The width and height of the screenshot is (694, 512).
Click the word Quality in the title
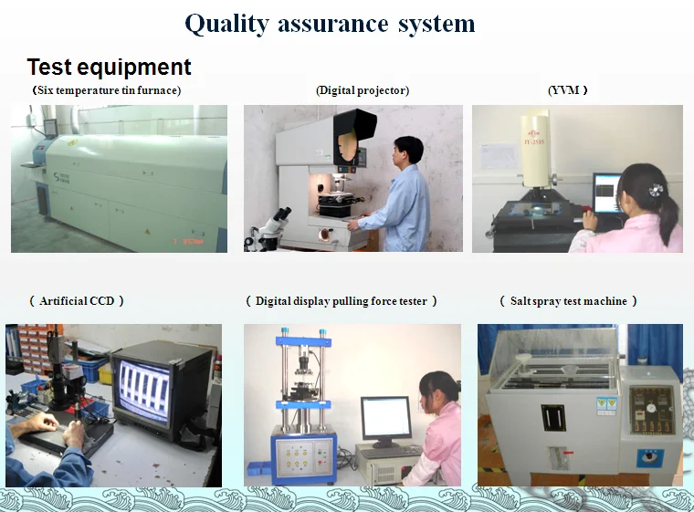click(x=226, y=24)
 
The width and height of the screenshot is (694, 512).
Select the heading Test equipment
click(x=109, y=68)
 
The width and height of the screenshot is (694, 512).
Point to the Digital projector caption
click(x=362, y=90)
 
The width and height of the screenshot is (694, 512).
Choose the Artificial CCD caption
click(x=77, y=301)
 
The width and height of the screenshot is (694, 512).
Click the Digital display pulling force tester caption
click(x=342, y=301)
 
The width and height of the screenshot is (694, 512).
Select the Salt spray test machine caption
click(x=569, y=301)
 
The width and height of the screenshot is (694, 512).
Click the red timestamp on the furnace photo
click(x=188, y=242)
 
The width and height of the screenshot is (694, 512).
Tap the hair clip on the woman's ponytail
click(x=656, y=190)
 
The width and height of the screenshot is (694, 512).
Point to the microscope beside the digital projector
click(x=269, y=229)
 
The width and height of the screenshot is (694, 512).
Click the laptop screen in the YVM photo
click(x=606, y=193)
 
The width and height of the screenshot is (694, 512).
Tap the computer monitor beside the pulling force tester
click(x=384, y=419)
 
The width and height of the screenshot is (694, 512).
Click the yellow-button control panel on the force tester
click(x=295, y=457)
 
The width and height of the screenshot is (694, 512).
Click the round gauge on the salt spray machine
click(x=649, y=408)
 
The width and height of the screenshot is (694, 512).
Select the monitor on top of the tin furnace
click(x=50, y=128)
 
